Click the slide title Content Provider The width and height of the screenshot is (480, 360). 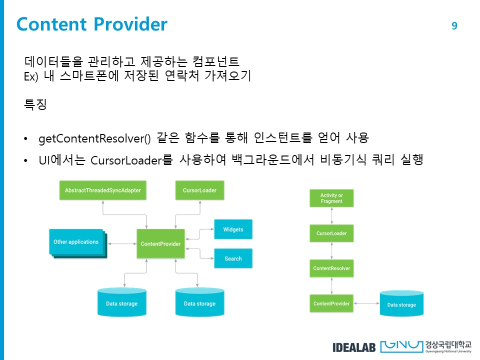[92, 24]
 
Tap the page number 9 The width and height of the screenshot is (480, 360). [454, 26]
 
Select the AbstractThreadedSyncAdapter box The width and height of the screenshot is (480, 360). [103, 190]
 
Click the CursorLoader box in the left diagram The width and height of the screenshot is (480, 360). [199, 190]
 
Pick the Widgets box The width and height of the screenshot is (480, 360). [233, 229]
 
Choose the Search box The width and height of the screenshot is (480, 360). [233, 258]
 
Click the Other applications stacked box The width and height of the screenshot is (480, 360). [76, 242]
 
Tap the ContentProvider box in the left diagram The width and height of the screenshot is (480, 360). [160, 244]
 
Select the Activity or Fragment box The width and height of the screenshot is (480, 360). [331, 198]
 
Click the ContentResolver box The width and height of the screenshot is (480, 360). [331, 268]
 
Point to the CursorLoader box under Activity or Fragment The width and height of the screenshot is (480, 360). [331, 233]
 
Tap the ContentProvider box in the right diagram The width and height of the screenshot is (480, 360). [331, 303]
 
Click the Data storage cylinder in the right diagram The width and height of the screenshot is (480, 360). [401, 303]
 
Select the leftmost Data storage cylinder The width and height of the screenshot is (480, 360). [121, 302]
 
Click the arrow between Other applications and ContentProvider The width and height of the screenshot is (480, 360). [122, 244]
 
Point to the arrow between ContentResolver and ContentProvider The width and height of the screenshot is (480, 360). [331, 286]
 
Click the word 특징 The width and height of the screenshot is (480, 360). [35, 104]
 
